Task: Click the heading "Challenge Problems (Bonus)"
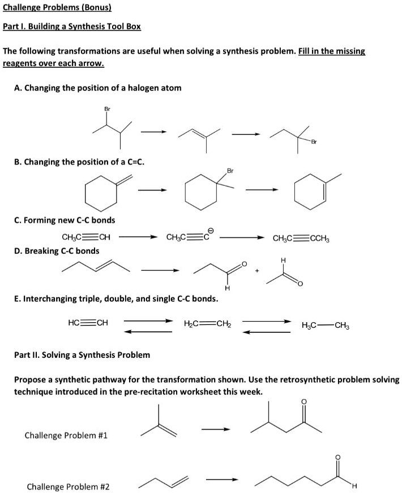point(57,8)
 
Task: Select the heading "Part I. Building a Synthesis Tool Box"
point(72,26)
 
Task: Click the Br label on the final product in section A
point(313,141)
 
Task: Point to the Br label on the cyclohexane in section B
point(230,170)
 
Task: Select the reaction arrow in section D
point(160,270)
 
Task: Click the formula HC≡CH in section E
point(87,323)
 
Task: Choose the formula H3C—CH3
point(326,324)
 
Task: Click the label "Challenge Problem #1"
point(66,435)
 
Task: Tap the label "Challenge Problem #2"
point(69,487)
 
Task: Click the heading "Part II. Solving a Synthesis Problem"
point(82,355)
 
